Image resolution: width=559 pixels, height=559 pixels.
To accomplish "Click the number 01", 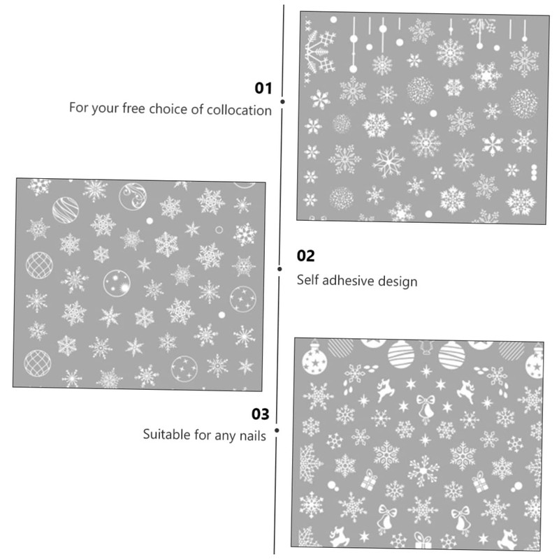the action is click(x=263, y=88).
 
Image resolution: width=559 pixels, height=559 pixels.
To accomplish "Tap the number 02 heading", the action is click(x=306, y=256).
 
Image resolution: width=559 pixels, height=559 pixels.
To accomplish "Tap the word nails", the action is click(x=252, y=435).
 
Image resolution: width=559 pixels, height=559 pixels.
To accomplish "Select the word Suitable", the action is click(x=166, y=435).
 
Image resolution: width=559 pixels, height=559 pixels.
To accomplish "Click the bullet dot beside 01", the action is click(x=282, y=101).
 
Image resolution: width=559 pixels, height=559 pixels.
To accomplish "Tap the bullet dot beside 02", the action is click(x=279, y=268).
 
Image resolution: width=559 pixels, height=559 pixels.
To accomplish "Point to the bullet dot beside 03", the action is click(x=277, y=430).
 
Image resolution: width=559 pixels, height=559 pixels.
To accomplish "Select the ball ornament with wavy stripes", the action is click(x=65, y=210).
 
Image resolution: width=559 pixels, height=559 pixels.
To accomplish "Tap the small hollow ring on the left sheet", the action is click(x=219, y=229).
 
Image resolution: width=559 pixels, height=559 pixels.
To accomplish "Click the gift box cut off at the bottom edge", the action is click(x=422, y=540).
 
